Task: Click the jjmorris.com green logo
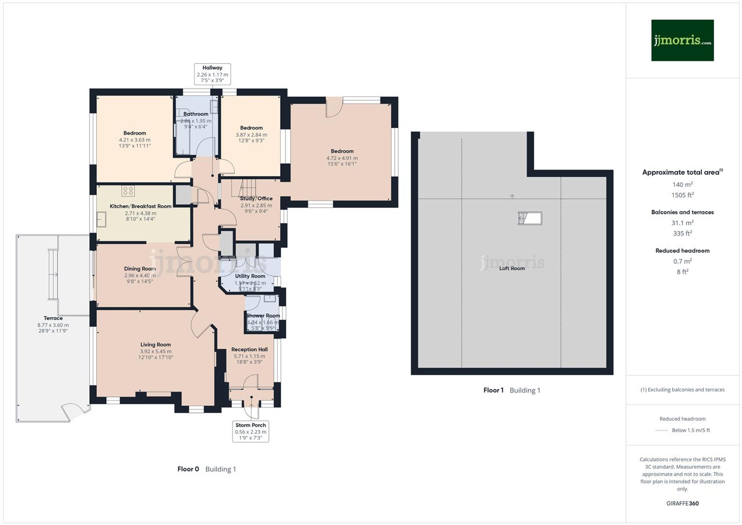click(x=682, y=40)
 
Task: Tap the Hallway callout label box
click(x=212, y=74)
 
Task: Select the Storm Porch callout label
click(x=250, y=431)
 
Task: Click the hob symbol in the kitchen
click(x=128, y=191)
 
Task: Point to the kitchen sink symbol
click(x=101, y=219)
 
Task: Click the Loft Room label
click(x=512, y=268)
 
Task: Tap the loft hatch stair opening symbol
click(x=530, y=218)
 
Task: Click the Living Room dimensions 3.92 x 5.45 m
click(x=155, y=351)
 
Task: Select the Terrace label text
click(x=53, y=318)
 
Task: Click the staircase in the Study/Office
click(x=247, y=187)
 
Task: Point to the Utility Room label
click(x=250, y=276)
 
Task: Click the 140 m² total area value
click(x=682, y=184)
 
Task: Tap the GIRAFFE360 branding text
click(x=682, y=503)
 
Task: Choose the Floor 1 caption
click(x=493, y=390)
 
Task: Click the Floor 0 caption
click(x=188, y=469)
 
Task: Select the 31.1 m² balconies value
click(x=682, y=223)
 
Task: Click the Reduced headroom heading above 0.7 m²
click(x=682, y=251)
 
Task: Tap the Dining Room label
click(x=140, y=269)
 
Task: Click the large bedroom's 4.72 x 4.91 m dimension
click(x=342, y=158)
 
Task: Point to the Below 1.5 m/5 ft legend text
click(x=690, y=430)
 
